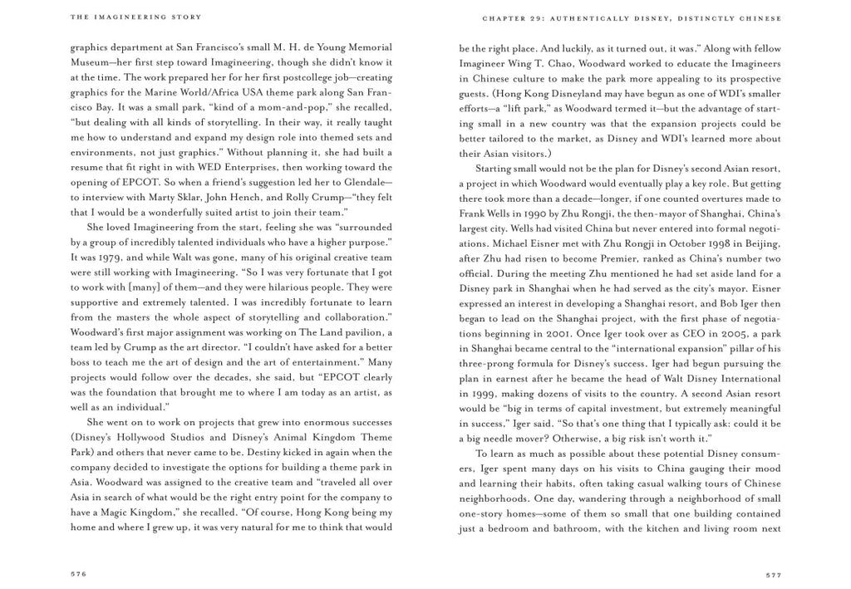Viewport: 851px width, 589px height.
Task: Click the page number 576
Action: (80, 573)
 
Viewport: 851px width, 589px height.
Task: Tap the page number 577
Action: (771, 573)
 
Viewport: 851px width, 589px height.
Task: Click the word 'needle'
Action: (508, 437)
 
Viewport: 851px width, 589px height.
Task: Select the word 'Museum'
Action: (91, 63)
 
